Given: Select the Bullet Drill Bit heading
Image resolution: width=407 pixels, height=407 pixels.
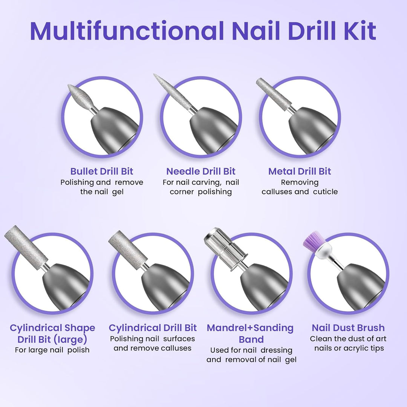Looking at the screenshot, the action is pos(101,171).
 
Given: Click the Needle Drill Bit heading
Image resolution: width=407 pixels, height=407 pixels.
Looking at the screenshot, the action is pos(200,171).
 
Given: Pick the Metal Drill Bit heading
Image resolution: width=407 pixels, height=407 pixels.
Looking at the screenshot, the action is pos(300,171).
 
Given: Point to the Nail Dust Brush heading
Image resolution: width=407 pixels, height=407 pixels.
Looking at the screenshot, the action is pos(348,327).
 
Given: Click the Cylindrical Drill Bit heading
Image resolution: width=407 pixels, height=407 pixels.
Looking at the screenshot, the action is pos(153,328).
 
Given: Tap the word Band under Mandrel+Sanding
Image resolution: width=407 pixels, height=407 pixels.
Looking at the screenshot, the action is pos(251,339).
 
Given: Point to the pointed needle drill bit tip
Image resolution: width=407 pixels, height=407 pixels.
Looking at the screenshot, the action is pos(154,75).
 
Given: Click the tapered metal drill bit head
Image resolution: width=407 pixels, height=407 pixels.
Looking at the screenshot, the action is pos(273,94).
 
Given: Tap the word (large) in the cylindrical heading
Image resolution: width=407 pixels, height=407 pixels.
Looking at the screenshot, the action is pos(70,340).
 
